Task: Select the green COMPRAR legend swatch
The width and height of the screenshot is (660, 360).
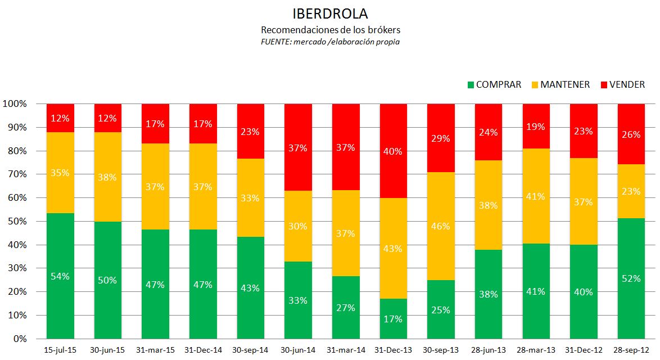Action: coord(471,85)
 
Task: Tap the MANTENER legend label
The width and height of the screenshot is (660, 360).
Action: coord(565,85)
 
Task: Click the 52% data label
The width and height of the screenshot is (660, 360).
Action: coord(631,278)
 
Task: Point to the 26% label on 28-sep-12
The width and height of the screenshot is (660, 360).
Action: coord(631,135)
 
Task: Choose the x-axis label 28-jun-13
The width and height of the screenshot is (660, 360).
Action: coord(488,350)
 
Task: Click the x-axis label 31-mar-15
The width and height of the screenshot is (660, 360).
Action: coord(155,350)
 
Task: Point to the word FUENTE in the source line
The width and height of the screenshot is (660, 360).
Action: coord(274,42)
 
